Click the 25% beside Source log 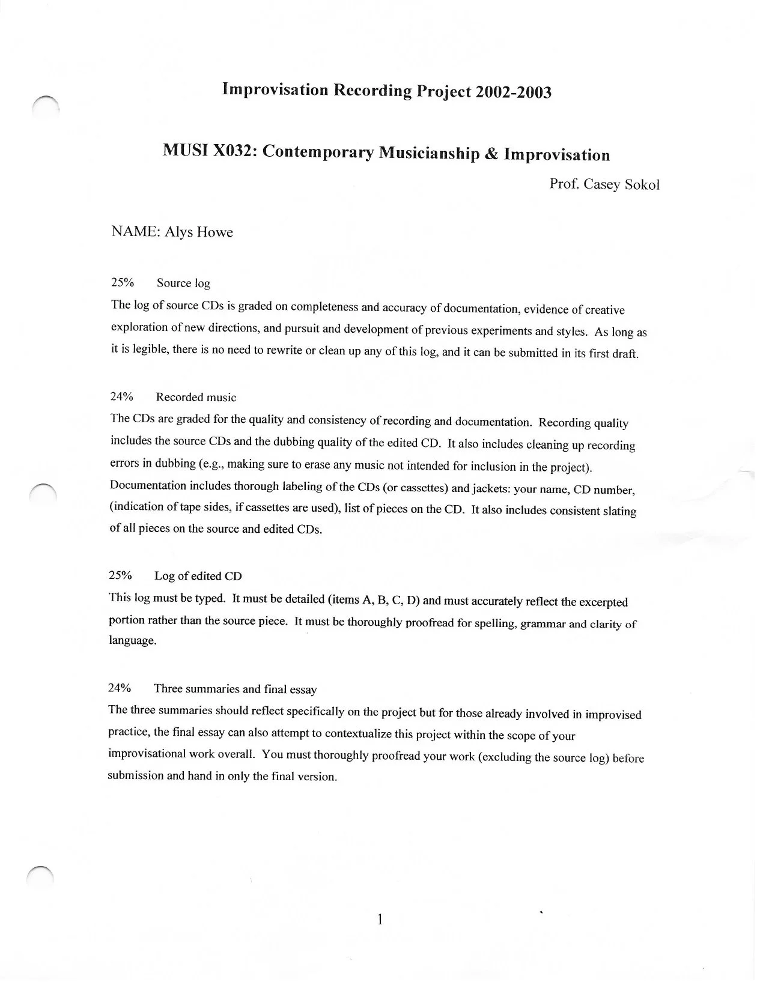[x=123, y=282]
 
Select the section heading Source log [x=183, y=283]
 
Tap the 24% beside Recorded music [x=122, y=396]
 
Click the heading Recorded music [x=196, y=397]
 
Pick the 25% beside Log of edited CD [x=121, y=575]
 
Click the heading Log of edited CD [x=198, y=576]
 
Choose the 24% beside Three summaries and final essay [x=120, y=688]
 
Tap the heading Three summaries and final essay [x=235, y=689]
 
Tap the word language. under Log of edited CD [x=133, y=641]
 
